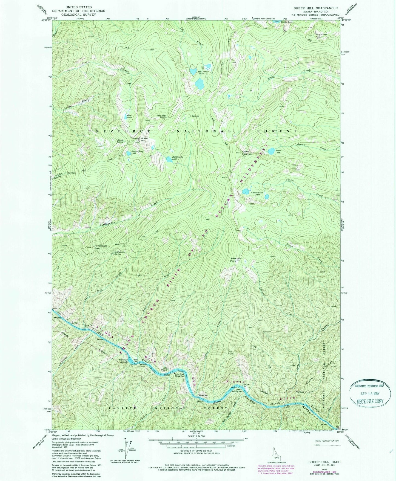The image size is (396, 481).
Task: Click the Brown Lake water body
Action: tap(271, 151)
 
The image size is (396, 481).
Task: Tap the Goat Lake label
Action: tap(129, 116)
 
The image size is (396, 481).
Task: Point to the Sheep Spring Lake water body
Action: tap(129, 153)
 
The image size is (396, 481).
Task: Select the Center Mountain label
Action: tap(247, 153)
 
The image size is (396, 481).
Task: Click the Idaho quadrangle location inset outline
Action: tap(277, 453)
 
